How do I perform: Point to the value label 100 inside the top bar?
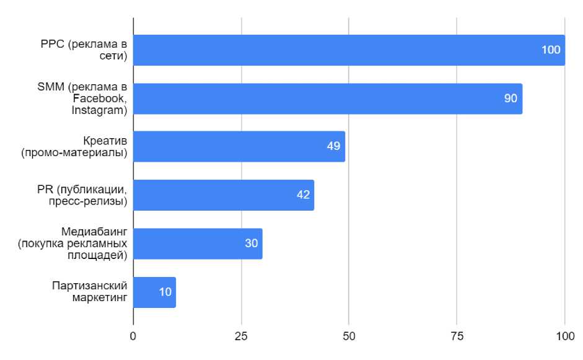click(x=551, y=50)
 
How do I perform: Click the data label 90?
click(x=511, y=99)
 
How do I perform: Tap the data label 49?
click(x=334, y=147)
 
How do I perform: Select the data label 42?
click(x=303, y=195)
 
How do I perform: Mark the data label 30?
click(x=251, y=244)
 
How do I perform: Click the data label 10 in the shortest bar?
click(x=165, y=292)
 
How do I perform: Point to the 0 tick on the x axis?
click(x=133, y=336)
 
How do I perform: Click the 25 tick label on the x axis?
click(x=241, y=336)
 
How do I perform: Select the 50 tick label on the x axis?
click(x=349, y=336)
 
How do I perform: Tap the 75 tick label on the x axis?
click(x=457, y=336)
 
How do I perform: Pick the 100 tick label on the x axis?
click(x=564, y=336)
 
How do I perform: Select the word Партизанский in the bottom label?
click(x=90, y=286)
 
